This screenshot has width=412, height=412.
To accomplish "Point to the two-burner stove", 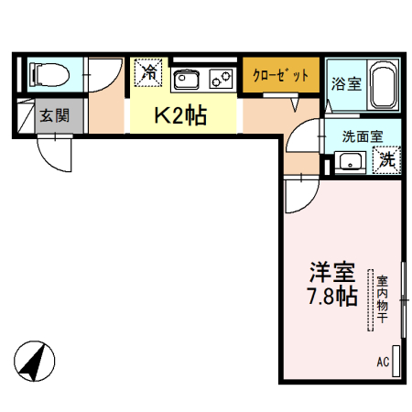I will [x=221, y=77].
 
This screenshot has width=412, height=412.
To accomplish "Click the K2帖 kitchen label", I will [x=179, y=115].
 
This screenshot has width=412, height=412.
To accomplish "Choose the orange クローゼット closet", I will [x=282, y=75].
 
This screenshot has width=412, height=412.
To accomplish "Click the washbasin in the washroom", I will [x=349, y=162].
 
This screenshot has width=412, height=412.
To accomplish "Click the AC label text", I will [x=382, y=363].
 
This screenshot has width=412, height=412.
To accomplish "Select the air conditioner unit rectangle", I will [x=396, y=359].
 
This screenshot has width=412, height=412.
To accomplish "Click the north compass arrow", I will [x=35, y=362].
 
